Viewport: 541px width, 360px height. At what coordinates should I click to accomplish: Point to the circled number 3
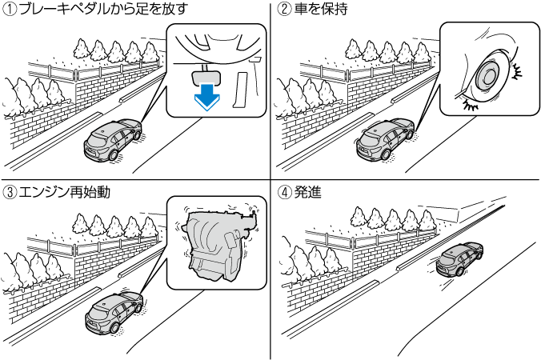[9, 192]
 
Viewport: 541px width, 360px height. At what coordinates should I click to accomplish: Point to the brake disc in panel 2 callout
[487, 78]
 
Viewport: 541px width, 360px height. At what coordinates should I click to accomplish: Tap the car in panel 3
[112, 314]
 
